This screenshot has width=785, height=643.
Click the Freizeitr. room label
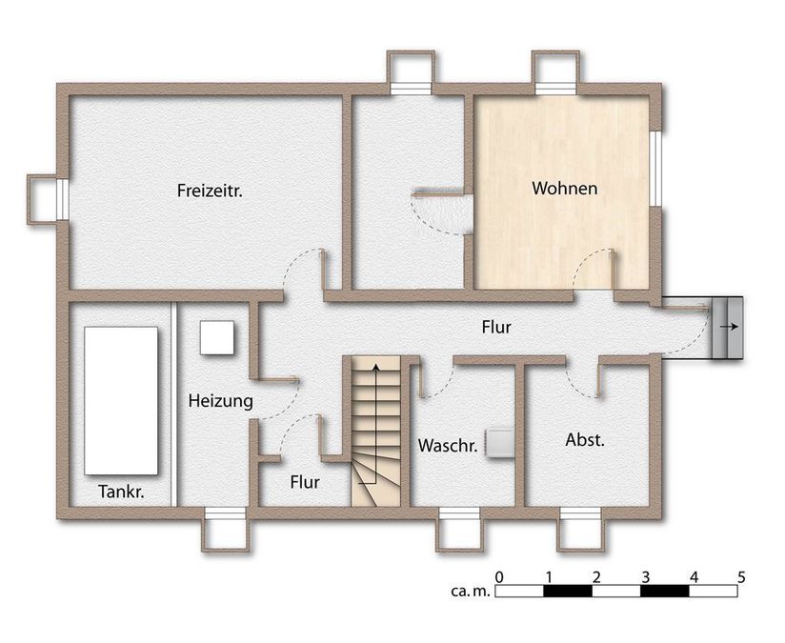(x=210, y=191)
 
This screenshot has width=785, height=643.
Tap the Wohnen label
(x=565, y=189)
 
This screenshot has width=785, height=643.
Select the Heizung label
(x=221, y=401)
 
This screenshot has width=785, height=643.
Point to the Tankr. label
(x=121, y=492)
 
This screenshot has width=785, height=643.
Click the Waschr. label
(x=448, y=446)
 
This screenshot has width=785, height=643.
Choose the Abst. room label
(x=585, y=440)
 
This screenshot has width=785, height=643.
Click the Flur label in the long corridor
(x=496, y=328)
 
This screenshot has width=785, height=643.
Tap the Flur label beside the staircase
(x=305, y=482)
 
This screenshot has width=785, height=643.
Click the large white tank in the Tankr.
(x=121, y=401)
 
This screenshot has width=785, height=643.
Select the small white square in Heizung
(x=217, y=338)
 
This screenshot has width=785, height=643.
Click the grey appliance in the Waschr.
(x=498, y=443)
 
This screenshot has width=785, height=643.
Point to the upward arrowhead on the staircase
(x=375, y=368)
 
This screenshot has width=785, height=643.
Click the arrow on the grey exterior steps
(x=729, y=327)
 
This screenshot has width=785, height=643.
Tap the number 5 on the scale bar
(x=741, y=577)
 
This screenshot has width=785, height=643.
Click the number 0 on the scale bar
(x=499, y=577)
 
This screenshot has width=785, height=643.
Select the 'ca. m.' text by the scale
(x=470, y=592)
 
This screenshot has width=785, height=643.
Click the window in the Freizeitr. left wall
(x=63, y=199)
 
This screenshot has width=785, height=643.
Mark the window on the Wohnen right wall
(x=656, y=169)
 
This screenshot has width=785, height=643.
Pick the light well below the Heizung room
(x=226, y=529)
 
